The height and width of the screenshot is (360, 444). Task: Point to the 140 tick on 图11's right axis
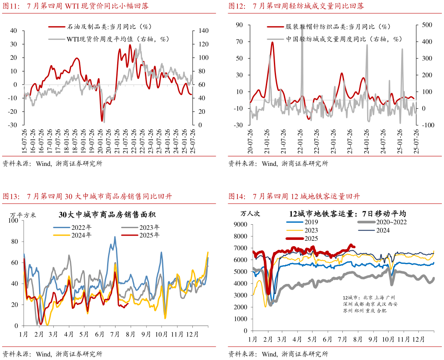point(204,31)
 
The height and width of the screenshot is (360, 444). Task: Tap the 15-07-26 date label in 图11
point(25,141)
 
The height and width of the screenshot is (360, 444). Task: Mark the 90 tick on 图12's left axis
point(240,25)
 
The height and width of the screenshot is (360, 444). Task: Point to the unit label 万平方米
point(23,215)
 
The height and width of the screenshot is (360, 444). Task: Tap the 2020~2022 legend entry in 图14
point(391,222)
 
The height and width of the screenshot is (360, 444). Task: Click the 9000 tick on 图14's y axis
point(241,225)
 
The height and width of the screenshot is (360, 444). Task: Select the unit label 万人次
point(250,213)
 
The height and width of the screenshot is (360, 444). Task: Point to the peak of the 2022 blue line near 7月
point(115,236)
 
